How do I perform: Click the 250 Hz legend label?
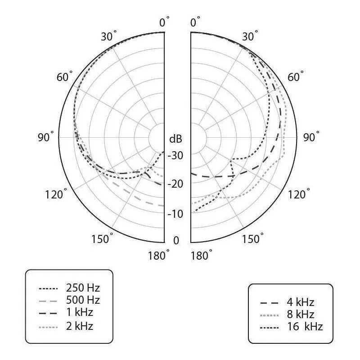83,288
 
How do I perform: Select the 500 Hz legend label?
83,300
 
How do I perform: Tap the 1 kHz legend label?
80,312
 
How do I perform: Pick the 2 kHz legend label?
80,326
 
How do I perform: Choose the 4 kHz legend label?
300,302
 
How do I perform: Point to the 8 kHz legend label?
300,314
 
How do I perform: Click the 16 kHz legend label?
305,327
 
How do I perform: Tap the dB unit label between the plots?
175,139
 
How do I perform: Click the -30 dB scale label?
175,155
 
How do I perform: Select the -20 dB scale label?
175,184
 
